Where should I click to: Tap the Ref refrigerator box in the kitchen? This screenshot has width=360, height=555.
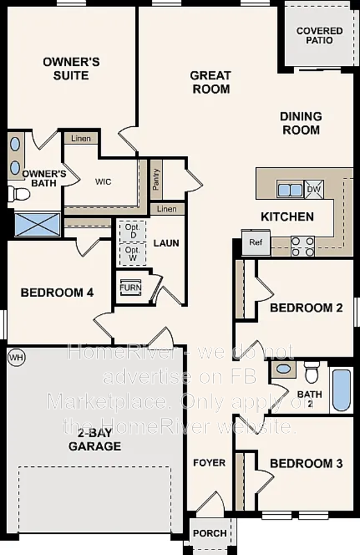click(x=255, y=243)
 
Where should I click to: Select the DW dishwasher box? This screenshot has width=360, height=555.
click(x=314, y=189)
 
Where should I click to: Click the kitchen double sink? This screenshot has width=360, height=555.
click(x=289, y=189)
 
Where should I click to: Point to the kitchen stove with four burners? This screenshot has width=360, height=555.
click(x=302, y=242)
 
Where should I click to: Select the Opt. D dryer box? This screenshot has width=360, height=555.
click(x=132, y=230)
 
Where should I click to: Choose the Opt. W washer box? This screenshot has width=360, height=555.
click(x=132, y=253)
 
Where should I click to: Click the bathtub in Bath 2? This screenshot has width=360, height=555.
click(x=341, y=390)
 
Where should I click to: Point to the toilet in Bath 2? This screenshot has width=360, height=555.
click(x=312, y=375)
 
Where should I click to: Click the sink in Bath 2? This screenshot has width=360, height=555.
click(x=281, y=369)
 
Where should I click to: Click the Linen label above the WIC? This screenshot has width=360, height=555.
click(x=81, y=139)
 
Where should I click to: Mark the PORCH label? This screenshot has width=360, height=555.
click(x=209, y=533)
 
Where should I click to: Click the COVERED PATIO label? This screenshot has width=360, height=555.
click(x=319, y=35)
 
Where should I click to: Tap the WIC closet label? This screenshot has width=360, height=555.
click(x=103, y=181)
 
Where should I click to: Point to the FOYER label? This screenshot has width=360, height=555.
click(x=209, y=463)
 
